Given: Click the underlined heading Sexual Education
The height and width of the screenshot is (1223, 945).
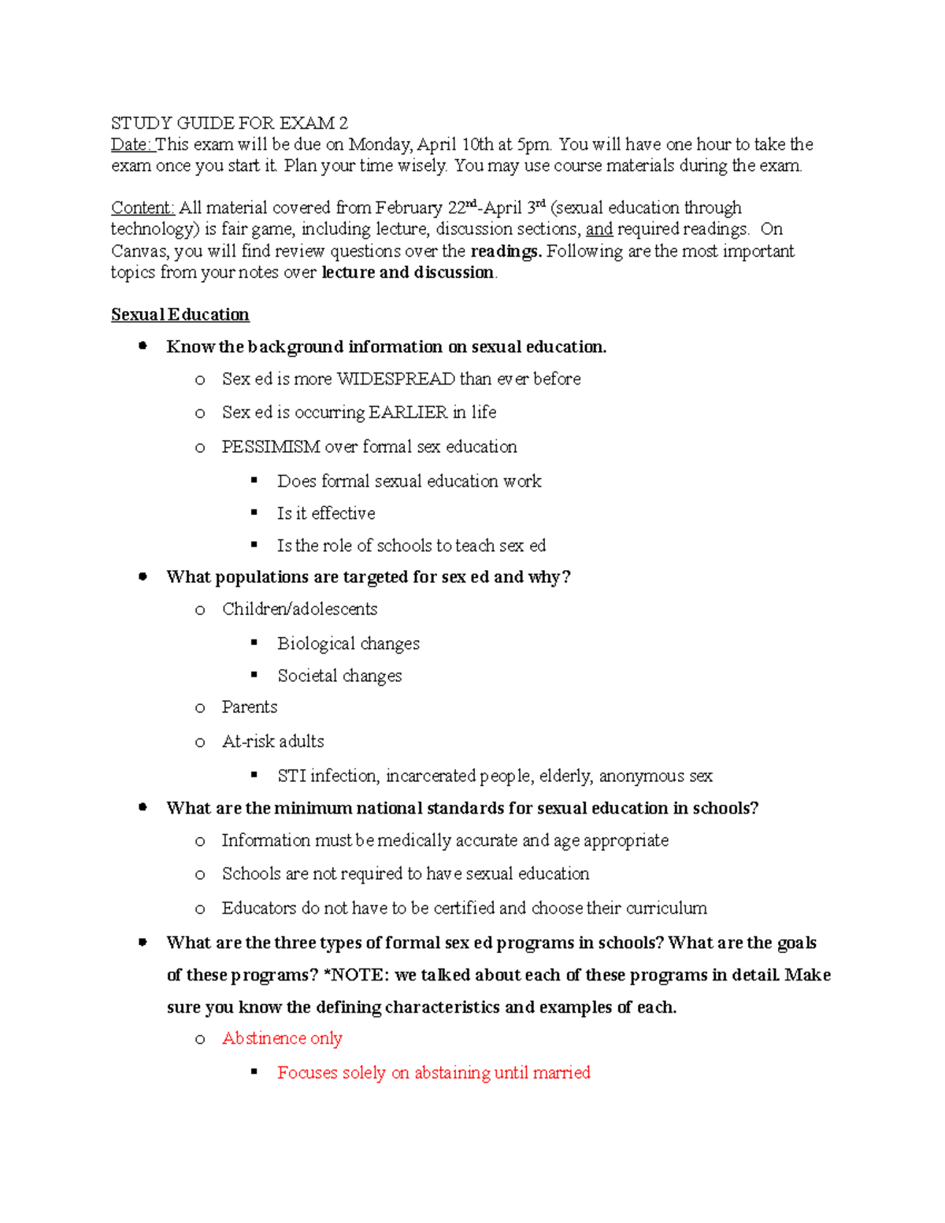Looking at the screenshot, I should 180,314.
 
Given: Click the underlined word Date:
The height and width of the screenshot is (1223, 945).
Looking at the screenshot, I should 132,144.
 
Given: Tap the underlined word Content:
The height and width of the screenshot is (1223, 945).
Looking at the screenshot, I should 143,208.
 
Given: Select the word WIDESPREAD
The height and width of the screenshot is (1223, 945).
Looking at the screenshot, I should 395,379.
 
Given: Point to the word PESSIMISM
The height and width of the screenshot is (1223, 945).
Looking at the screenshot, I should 270,447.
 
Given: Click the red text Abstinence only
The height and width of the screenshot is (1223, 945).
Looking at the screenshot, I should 282,1038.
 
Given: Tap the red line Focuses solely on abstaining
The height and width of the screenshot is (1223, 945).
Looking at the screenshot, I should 433,1073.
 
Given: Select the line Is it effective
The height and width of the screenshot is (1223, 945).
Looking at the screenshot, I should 326,513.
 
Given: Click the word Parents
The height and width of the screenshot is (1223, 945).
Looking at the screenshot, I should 250,707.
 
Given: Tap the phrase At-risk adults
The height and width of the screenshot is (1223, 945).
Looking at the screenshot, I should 272,741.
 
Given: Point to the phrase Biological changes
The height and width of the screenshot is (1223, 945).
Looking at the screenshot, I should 348,643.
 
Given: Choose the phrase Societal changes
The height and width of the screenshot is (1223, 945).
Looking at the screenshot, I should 339,676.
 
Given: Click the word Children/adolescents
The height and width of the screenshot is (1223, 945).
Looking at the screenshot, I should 299,609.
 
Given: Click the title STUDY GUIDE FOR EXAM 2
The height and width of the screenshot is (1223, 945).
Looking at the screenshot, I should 229,123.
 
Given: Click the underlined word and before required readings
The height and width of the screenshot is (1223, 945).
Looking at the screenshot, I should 598,229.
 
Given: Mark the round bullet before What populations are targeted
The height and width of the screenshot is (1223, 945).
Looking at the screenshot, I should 143,576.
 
